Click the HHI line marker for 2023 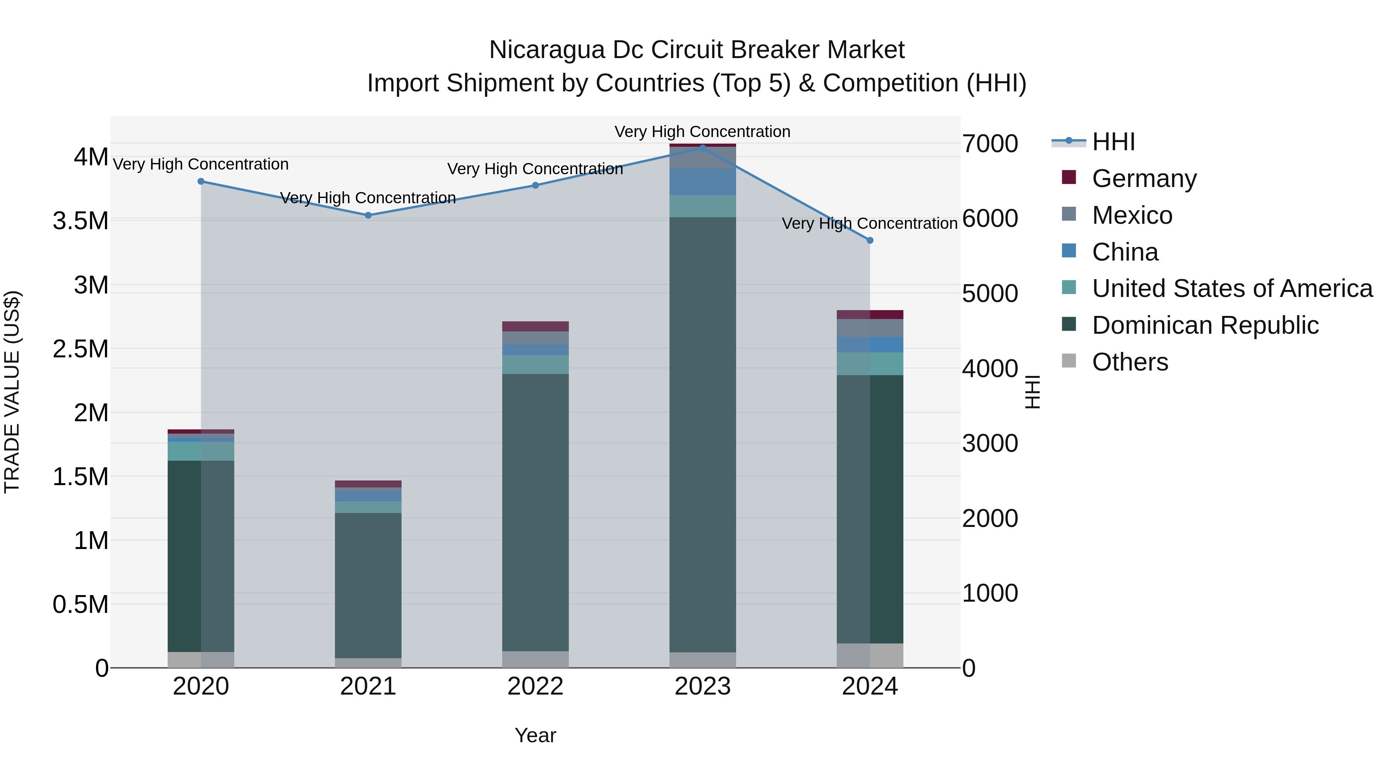(702, 148)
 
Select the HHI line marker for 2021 (368, 215)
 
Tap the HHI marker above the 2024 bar (870, 240)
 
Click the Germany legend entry (1144, 178)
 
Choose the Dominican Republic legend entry (1205, 325)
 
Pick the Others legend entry (1130, 362)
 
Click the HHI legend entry (1113, 142)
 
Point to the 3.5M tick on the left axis (80, 221)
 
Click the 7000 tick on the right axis (990, 144)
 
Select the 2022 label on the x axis (535, 686)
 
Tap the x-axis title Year (535, 735)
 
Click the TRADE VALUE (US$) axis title (12, 392)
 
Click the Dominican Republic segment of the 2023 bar (702, 433)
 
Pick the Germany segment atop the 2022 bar (535, 326)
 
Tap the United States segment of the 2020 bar (201, 451)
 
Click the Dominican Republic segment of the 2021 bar (368, 584)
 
